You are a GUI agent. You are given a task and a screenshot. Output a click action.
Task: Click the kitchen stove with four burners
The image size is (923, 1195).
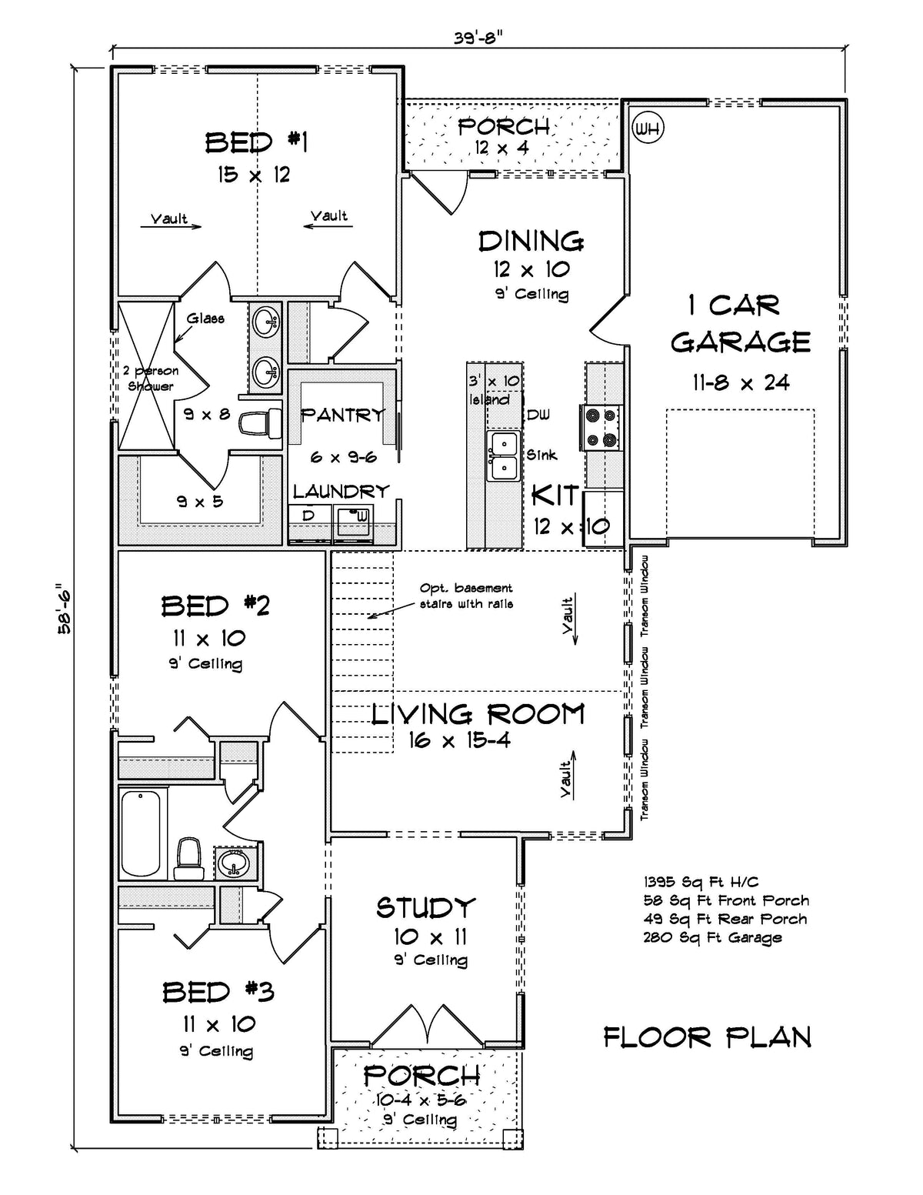(601, 427)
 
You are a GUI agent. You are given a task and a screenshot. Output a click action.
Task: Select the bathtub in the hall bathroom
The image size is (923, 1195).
(141, 833)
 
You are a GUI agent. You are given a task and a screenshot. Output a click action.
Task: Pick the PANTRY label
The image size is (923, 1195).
(342, 416)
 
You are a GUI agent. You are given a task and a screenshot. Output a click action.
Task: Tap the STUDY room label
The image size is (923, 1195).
(425, 908)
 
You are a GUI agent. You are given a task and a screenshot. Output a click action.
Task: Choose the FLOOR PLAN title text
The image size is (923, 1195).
(707, 1037)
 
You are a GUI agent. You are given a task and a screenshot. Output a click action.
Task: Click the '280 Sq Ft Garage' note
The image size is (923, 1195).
(712, 938)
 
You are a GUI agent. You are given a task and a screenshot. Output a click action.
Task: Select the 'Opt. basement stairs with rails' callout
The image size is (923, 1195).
(466, 596)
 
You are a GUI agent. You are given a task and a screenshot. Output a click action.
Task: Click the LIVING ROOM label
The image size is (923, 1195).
(477, 714)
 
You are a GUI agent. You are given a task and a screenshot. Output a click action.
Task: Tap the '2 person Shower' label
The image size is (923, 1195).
(151, 379)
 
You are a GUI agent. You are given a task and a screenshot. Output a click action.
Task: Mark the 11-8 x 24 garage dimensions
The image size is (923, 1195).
(739, 382)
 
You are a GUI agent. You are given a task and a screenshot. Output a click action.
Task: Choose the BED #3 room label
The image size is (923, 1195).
(218, 992)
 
